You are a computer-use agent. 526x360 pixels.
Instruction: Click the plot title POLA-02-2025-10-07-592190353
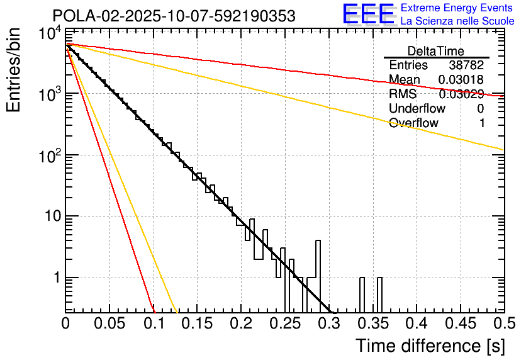tap(174, 16)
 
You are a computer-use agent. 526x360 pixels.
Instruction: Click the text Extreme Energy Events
tap(457, 8)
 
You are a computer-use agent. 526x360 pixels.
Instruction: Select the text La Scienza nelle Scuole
tap(457, 21)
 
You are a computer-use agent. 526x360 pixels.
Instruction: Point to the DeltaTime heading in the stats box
tap(436, 51)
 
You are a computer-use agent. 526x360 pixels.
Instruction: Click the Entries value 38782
tap(466, 65)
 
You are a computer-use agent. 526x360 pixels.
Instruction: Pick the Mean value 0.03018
tap(461, 80)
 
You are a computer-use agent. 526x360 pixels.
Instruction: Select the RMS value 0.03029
tap(461, 94)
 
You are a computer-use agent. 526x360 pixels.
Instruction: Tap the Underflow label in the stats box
tap(417, 109)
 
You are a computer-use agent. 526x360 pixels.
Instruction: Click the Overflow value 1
tap(482, 123)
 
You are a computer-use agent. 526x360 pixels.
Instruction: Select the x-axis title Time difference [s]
tap(430, 346)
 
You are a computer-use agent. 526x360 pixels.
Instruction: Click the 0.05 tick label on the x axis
tap(109, 323)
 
